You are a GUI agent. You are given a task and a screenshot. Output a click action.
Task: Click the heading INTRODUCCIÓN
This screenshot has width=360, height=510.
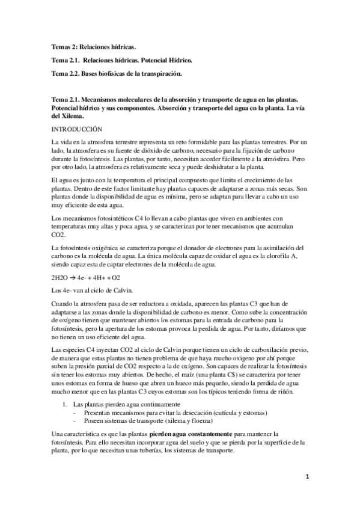(x=78, y=129)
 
